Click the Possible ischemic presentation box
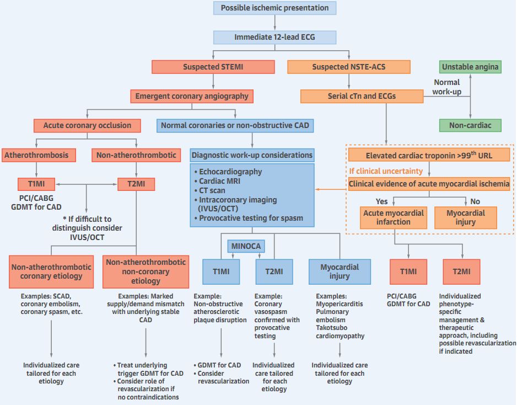[274, 8]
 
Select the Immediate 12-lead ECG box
[274, 37]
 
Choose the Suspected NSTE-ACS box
[349, 67]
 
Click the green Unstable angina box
[470, 67]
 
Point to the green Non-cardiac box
[470, 125]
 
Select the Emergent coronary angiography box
[192, 96]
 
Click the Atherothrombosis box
[36, 155]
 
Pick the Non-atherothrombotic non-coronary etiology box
[146, 271]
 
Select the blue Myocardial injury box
[340, 271]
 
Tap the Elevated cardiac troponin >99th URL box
[429, 155]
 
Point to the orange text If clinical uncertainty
[386, 171]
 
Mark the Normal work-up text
[446, 87]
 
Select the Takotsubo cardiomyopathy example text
[340, 332]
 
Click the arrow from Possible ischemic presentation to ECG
[274, 22]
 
